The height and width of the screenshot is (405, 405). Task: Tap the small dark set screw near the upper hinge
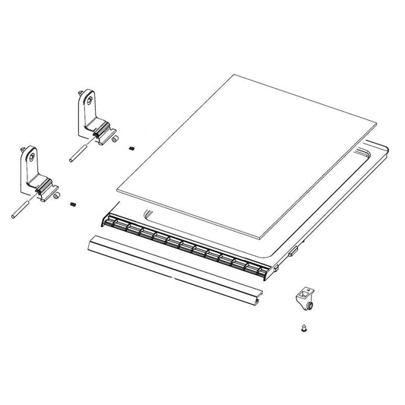coord(131,147)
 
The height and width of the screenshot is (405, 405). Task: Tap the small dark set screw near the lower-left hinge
coord(73,204)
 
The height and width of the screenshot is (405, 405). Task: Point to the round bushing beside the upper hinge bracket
coord(114,139)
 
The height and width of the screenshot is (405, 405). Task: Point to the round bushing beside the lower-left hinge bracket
coord(55,195)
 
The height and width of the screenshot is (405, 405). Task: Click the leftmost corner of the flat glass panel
coord(115,188)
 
